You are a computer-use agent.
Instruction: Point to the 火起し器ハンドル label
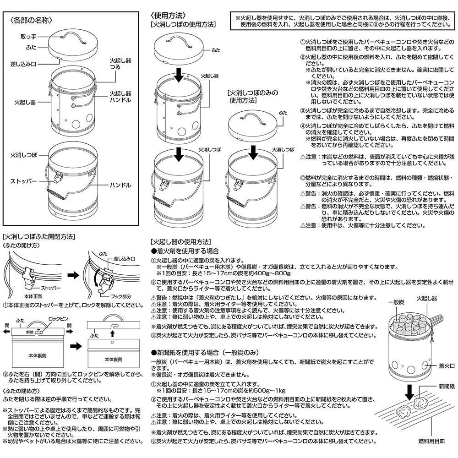pos(120,97)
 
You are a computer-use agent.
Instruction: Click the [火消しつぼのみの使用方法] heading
pos(252,96)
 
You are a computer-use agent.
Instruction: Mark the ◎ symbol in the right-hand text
pos(302,177)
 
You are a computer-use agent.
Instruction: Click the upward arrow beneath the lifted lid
pos(112,342)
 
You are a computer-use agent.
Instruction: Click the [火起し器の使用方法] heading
pos(180,242)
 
